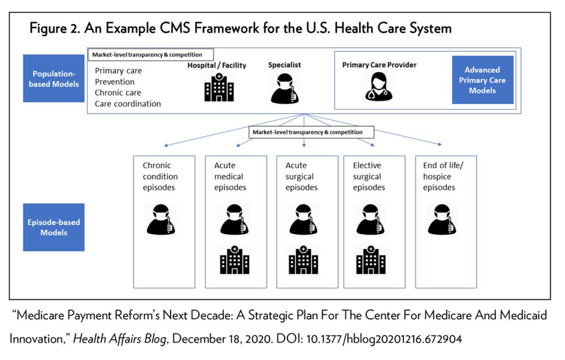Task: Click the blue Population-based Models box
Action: (x=54, y=78)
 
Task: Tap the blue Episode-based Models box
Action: (x=54, y=227)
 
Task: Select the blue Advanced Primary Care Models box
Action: (x=482, y=80)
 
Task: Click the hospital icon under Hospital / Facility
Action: (x=219, y=88)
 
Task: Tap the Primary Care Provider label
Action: (x=379, y=65)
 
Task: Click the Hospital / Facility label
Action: (x=217, y=66)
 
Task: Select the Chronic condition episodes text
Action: (x=160, y=176)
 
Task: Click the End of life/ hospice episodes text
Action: (x=440, y=176)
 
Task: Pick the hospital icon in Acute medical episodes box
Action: (x=234, y=259)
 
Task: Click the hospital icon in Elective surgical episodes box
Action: (x=371, y=259)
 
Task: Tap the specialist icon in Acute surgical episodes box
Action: (x=303, y=219)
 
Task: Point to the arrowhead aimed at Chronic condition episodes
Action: (x=166, y=146)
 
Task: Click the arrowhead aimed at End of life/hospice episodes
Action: (x=439, y=144)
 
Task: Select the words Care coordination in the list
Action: (x=128, y=104)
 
